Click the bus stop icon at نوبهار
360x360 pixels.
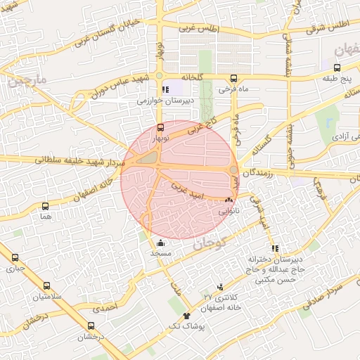162,127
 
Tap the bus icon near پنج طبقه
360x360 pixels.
337,68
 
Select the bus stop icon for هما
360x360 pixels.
46,207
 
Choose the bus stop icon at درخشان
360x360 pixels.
91,326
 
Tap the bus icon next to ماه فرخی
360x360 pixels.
233,78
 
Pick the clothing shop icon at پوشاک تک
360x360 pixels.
186,316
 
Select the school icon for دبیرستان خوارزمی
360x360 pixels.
166,89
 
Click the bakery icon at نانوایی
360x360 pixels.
229,200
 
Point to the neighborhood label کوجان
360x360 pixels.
209,245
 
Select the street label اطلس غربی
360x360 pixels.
200,29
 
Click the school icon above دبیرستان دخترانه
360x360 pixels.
274,247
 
